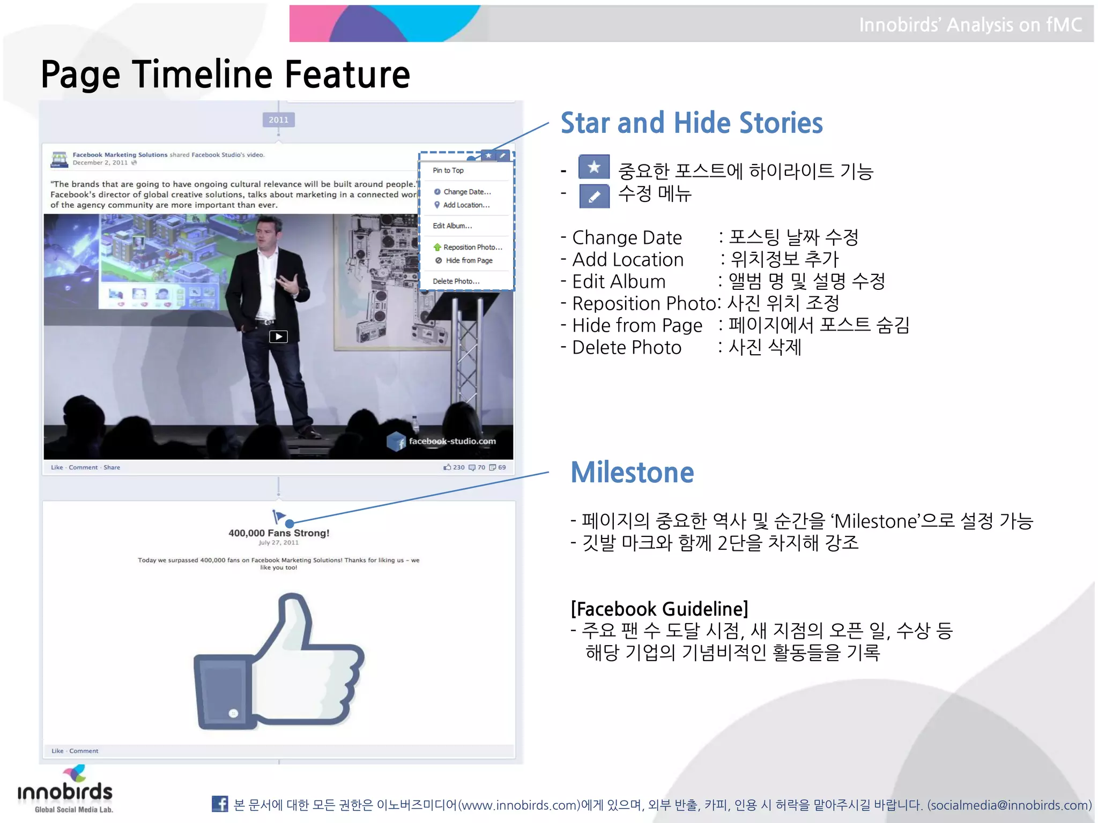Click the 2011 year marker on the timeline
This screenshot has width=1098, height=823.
pos(278,120)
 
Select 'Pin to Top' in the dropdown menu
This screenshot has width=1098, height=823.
pos(448,170)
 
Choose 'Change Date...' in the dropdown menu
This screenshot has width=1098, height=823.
pos(466,192)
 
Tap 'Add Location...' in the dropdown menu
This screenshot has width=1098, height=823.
pos(466,205)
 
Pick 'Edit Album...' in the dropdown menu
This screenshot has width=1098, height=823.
pos(452,226)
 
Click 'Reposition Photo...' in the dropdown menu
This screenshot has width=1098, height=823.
pos(472,247)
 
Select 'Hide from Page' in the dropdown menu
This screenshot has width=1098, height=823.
pos(469,260)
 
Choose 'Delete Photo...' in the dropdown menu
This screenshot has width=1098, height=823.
pos(456,281)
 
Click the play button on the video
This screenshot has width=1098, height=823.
pos(278,336)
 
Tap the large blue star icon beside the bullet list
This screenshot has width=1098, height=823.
pos(594,167)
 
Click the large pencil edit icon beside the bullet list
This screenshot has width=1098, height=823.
pos(594,196)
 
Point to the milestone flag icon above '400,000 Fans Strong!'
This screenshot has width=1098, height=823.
pos(278,517)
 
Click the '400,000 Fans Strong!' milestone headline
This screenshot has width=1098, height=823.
pos(279,533)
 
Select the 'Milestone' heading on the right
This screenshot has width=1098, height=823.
pos(632,473)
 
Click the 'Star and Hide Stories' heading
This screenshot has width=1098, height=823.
pos(692,123)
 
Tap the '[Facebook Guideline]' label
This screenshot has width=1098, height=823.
pos(659,609)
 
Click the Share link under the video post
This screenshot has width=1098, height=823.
pos(112,467)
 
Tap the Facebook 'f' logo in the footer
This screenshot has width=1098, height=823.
pos(220,804)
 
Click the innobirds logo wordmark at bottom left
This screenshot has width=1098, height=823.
pos(65,792)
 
